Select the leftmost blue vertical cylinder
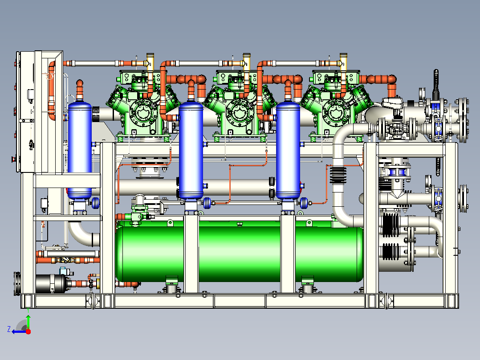pyautogui.click(x=80, y=150)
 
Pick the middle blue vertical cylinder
pyautogui.click(x=191, y=150)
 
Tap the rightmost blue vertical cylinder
pyautogui.click(x=288, y=150)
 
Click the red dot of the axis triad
pyautogui.click(x=28, y=331)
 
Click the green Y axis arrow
pyautogui.click(x=28, y=322)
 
